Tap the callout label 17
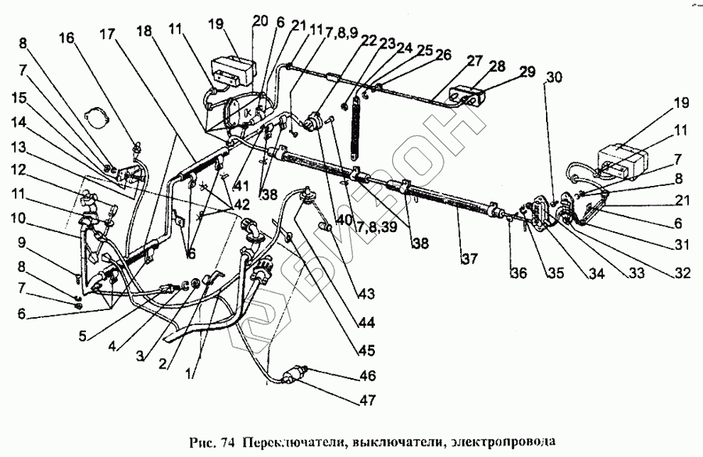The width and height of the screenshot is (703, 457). click(x=107, y=34)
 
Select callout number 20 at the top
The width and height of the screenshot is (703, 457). click(x=260, y=20)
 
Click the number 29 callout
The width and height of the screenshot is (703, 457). click(x=526, y=72)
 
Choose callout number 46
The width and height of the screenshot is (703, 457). click(x=368, y=377)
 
